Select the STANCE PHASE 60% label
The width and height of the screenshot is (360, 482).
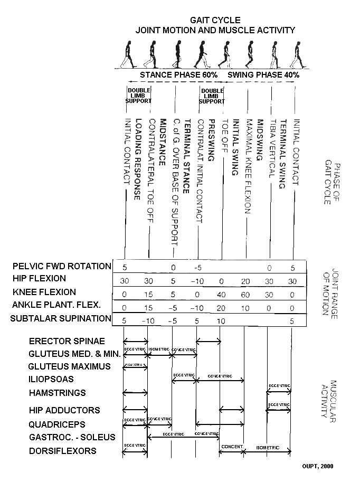point(178,75)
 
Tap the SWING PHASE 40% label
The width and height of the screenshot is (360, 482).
point(263,75)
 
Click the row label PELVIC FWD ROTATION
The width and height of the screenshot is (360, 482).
point(61,266)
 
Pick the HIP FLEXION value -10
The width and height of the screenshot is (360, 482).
point(197,280)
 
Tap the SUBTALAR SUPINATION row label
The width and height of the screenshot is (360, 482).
point(61,318)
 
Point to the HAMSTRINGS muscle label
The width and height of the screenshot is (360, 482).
point(57,393)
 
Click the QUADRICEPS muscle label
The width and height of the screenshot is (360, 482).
point(57,424)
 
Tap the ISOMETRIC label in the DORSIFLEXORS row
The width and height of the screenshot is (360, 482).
point(268,447)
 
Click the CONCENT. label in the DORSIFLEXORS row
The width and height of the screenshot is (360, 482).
point(231,447)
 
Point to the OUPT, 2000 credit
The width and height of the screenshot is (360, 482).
point(317,466)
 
